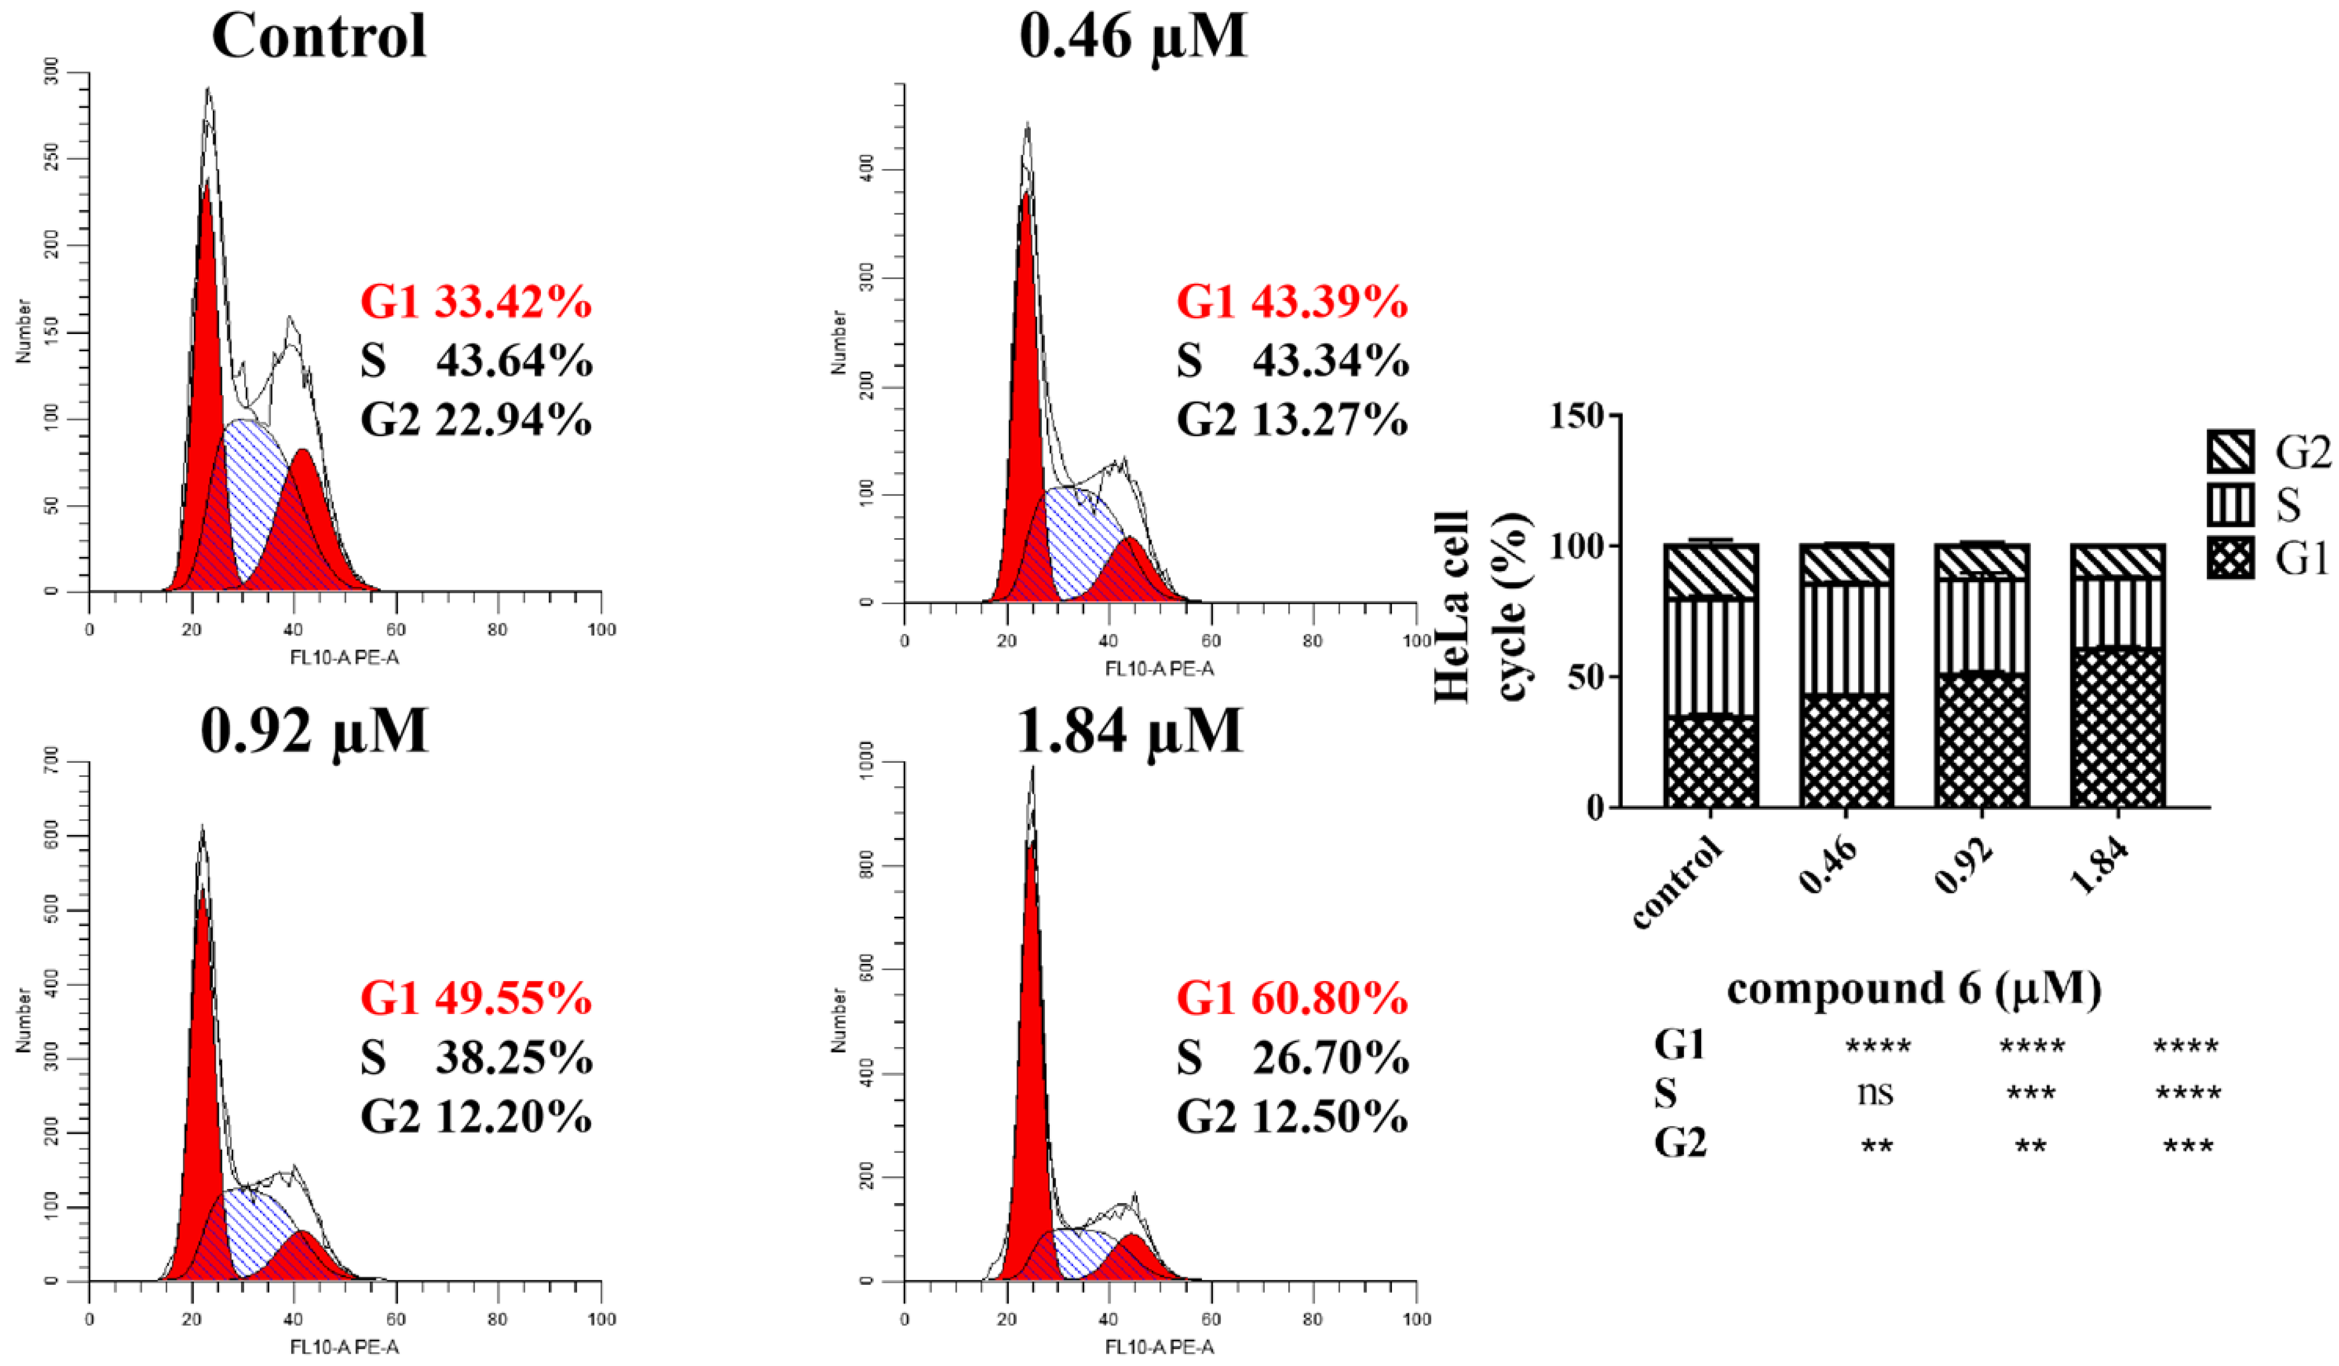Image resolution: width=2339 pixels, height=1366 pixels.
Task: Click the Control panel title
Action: click(x=319, y=37)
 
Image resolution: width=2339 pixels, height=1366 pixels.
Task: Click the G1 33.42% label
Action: click(x=476, y=303)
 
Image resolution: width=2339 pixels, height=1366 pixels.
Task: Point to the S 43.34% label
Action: click(x=1292, y=361)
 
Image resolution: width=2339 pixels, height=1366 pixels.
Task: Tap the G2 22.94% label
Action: click(x=476, y=420)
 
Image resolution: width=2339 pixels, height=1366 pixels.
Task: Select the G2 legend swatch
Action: click(x=2230, y=453)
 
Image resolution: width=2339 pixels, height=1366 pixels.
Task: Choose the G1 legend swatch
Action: click(x=2230, y=560)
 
